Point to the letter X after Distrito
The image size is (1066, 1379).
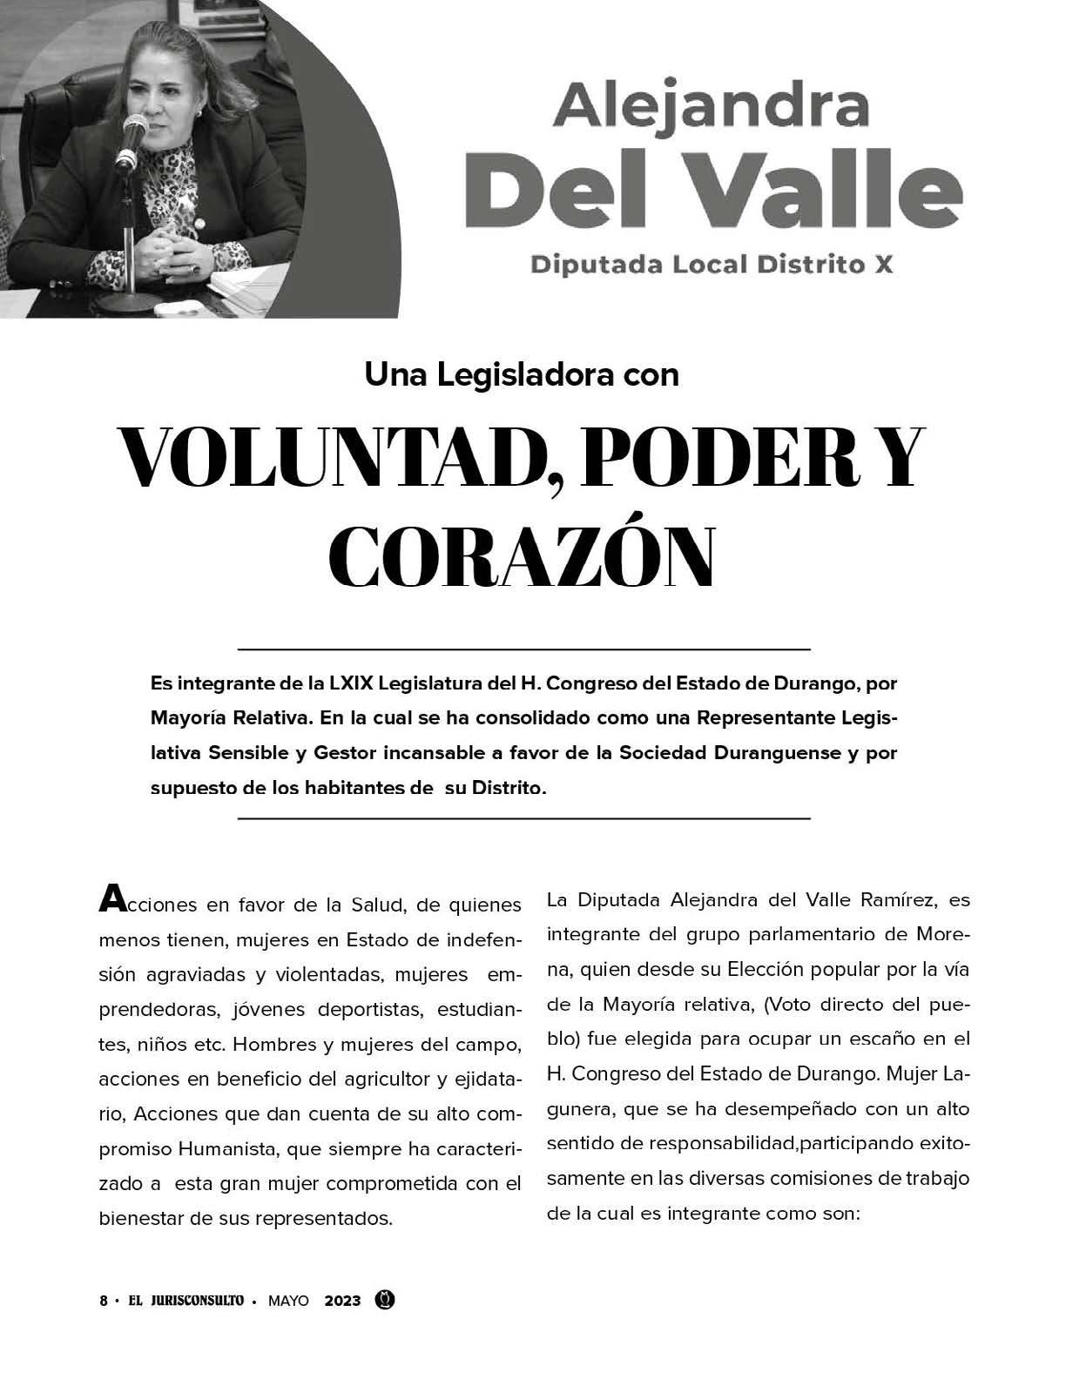coord(883,264)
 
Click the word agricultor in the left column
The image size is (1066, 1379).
coord(400,1080)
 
